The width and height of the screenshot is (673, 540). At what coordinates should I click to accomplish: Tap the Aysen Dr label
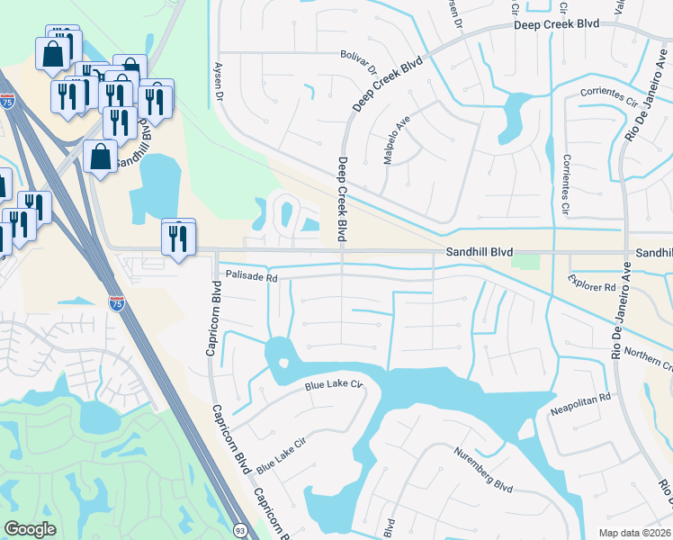tap(217, 82)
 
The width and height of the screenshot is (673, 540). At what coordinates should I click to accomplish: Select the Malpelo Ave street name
tap(398, 132)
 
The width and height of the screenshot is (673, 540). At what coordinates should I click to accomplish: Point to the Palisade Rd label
tap(251, 277)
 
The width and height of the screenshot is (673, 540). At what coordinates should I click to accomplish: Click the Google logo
tap(30, 529)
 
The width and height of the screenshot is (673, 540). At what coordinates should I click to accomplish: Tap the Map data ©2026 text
tap(629, 532)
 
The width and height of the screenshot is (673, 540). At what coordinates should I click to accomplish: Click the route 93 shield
tap(240, 531)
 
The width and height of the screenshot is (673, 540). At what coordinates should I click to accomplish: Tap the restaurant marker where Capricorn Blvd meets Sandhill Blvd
tap(178, 238)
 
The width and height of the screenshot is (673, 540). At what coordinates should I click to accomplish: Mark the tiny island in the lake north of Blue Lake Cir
tap(283, 364)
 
